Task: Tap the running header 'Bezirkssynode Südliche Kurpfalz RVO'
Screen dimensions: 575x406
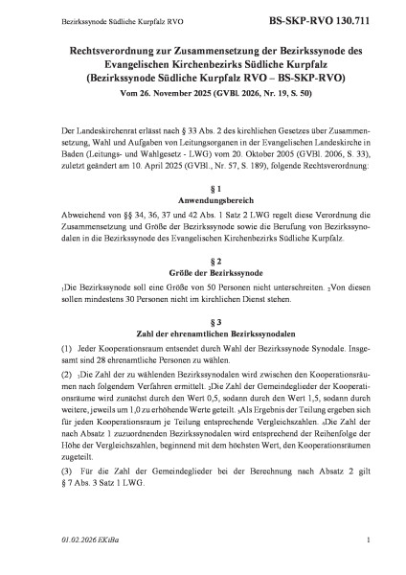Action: [96, 19]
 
